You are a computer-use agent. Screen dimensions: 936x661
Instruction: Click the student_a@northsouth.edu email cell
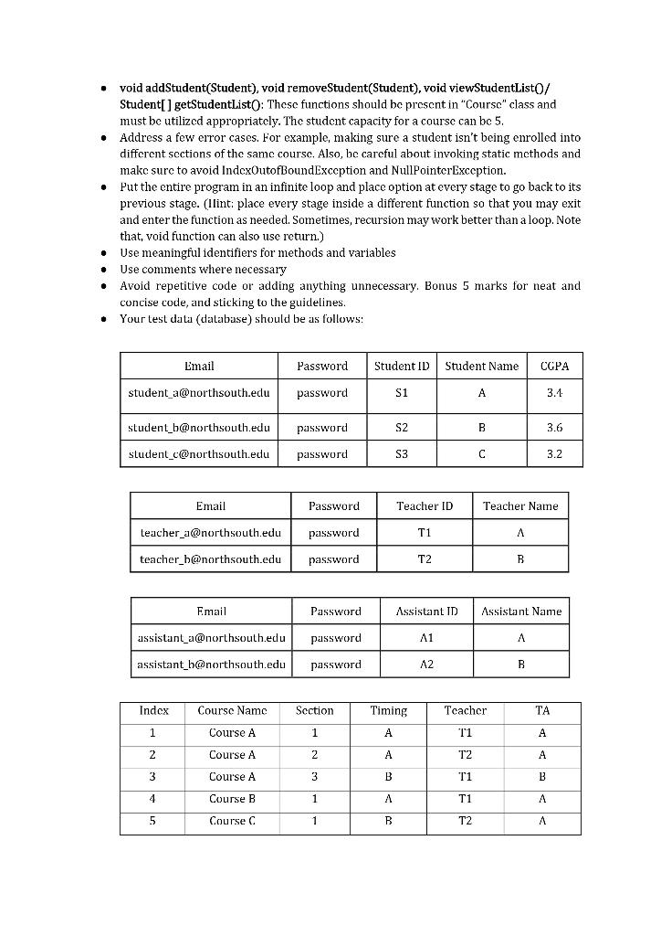(199, 393)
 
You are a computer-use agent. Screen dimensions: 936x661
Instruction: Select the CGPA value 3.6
(554, 428)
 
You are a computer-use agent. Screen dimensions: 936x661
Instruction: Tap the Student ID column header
(402, 367)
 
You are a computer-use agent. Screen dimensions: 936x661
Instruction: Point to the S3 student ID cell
(402, 454)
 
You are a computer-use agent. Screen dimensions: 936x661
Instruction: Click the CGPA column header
(554, 367)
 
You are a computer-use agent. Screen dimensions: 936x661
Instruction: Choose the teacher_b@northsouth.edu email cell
(210, 558)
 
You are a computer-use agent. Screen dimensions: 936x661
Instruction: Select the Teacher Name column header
(519, 506)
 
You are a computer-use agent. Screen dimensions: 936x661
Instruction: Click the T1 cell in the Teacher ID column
(425, 533)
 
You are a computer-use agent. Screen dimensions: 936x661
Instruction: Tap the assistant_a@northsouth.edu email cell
(211, 638)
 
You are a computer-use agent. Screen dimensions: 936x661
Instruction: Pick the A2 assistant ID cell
(426, 665)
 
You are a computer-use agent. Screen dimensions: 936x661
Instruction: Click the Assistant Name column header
(520, 612)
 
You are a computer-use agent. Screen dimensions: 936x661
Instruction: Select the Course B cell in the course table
(232, 799)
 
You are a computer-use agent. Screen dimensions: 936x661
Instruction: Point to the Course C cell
(232, 821)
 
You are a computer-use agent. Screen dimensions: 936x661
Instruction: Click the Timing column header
(388, 711)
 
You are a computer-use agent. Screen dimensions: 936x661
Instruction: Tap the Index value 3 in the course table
(152, 777)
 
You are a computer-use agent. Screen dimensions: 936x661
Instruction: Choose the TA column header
(542, 711)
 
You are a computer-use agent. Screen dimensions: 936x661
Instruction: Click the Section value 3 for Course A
(314, 777)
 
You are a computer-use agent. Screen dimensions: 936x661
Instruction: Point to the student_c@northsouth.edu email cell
(199, 454)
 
